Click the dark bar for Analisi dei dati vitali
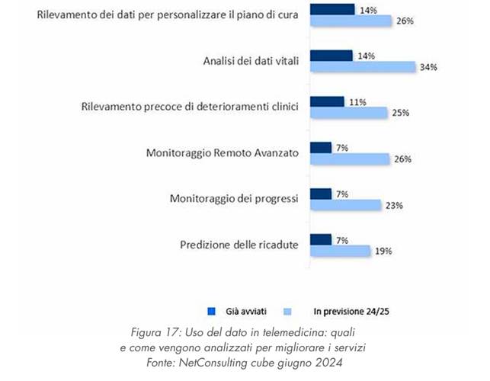point(331,56)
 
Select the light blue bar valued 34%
point(362,67)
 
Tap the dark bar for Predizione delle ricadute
point(321,240)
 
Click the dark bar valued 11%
point(328,101)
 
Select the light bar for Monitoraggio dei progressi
point(345,205)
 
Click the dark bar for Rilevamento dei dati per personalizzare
point(332,9)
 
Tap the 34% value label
point(428,67)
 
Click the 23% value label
point(393,205)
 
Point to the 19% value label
point(383,251)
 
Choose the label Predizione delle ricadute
point(239,245)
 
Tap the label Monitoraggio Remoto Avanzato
point(223,153)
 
